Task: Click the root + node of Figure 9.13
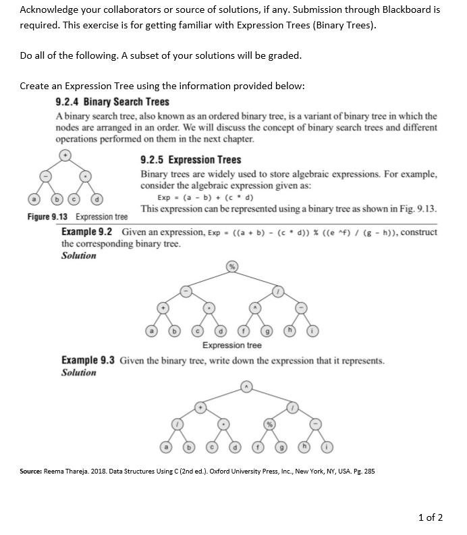pos(65,155)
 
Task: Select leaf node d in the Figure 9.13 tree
pos(99,200)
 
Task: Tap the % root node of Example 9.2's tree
pos(232,267)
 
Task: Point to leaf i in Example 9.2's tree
pos(312,331)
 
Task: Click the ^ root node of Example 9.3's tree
pos(246,386)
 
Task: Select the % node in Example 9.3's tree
pos(268,424)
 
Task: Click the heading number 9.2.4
pos(66,102)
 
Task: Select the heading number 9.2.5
pos(151,160)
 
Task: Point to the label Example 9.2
pos(87,232)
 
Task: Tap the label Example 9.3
pos(88,361)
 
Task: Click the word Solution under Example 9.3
pos(78,372)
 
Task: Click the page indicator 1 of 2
pos(430,517)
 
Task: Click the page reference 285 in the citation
pos(368,471)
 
